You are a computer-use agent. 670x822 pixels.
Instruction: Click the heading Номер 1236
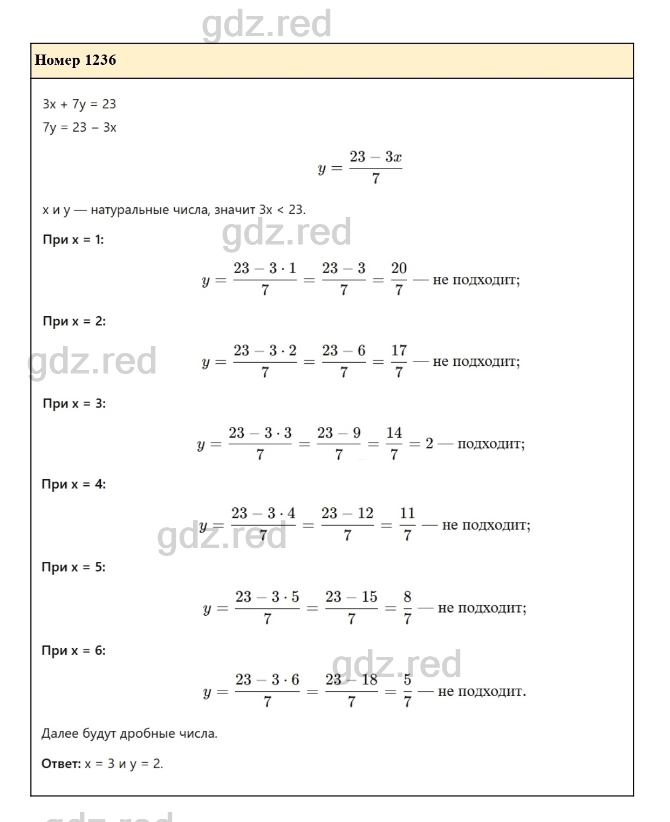coord(76,60)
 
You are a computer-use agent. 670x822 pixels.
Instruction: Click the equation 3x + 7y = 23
coord(79,104)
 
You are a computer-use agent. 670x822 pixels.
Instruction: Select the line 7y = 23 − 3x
coord(79,128)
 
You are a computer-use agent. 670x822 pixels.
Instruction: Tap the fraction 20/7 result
coord(399,280)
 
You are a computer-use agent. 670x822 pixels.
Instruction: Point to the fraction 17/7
coord(399,362)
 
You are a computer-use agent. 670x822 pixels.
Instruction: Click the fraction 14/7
coord(394,444)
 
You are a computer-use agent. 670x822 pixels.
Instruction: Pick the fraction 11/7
coord(407,525)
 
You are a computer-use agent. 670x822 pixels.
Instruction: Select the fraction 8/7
coord(407,608)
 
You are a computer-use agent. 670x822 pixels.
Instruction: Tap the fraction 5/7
coord(407,691)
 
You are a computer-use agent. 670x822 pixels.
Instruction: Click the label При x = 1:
coord(73,240)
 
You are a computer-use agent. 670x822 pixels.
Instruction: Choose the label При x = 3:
coord(74,404)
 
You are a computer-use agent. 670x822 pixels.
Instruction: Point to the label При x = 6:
coord(73,650)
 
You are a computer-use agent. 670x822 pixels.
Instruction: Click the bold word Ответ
coord(60,764)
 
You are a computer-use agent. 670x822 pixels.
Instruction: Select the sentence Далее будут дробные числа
coord(129,733)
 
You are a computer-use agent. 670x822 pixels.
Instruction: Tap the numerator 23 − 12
coord(347,513)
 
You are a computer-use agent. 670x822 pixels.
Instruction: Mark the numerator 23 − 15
coord(351,597)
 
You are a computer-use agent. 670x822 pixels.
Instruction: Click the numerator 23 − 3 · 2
coord(265,351)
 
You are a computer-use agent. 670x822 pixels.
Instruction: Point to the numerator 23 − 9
coord(339,433)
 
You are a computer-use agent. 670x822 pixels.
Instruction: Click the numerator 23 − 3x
coord(375,157)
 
